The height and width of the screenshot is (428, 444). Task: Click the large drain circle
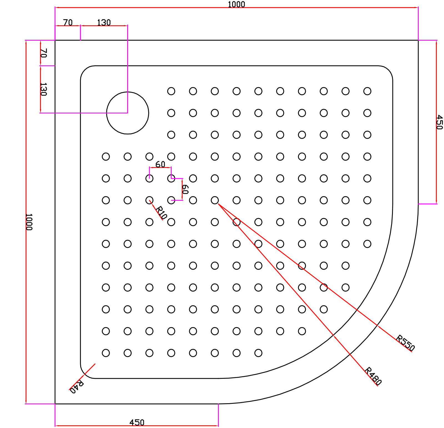(127, 113)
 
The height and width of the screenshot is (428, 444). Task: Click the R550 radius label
(405, 343)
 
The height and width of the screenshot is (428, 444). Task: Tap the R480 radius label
(373, 376)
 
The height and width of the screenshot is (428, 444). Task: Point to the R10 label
(161, 213)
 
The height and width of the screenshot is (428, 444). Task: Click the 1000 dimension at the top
(236, 4)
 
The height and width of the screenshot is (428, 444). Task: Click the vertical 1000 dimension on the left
(29, 222)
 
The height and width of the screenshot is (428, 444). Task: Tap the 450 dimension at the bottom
(137, 422)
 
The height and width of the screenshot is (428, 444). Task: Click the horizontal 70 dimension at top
(68, 23)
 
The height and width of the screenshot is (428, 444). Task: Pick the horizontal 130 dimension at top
(104, 23)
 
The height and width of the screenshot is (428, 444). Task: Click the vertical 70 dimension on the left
(44, 53)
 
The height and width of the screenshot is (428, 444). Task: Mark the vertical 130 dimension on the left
(43, 89)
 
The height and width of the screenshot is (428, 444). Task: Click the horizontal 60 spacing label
(160, 164)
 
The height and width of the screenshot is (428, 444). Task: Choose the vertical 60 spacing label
(185, 189)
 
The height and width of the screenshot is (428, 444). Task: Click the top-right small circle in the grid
(367, 91)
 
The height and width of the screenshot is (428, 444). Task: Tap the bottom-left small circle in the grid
(106, 353)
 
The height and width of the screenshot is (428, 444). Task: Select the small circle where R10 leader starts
(149, 200)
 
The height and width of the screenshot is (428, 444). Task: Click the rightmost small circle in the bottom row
(258, 353)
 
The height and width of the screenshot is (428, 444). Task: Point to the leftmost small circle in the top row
(171, 91)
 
